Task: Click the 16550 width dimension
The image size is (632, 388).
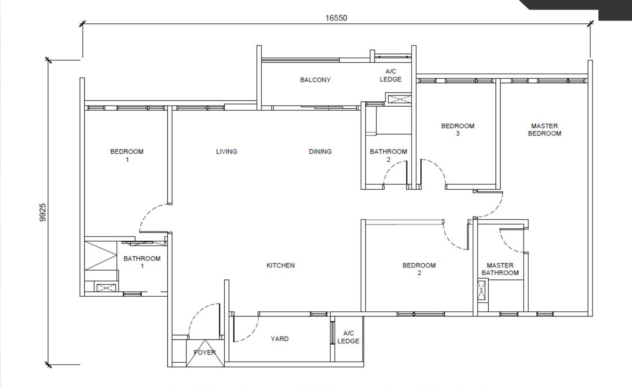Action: [x=336, y=18]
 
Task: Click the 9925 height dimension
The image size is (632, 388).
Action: [x=42, y=212]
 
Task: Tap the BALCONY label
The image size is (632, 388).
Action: [x=315, y=80]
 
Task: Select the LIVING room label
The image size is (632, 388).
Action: [x=227, y=152]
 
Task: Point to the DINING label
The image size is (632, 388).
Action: [x=320, y=152]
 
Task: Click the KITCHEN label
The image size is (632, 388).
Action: [x=280, y=265]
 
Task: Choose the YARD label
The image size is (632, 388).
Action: [x=280, y=339]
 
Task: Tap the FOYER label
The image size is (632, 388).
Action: [x=205, y=352]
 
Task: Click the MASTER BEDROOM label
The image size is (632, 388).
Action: [x=545, y=130]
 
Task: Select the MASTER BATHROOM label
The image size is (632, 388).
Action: [x=500, y=269]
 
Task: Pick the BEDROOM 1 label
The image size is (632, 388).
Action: [x=127, y=156]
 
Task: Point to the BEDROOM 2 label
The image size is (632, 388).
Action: [x=419, y=269]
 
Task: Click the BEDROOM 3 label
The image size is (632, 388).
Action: [x=458, y=130]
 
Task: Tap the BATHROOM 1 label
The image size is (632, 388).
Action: [x=142, y=262]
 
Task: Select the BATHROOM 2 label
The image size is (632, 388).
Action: [x=389, y=156]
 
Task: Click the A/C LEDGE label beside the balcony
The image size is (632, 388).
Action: [x=391, y=75]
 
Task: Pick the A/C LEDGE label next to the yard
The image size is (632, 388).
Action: [x=348, y=337]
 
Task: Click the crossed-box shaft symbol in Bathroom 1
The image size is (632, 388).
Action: [x=106, y=288]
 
